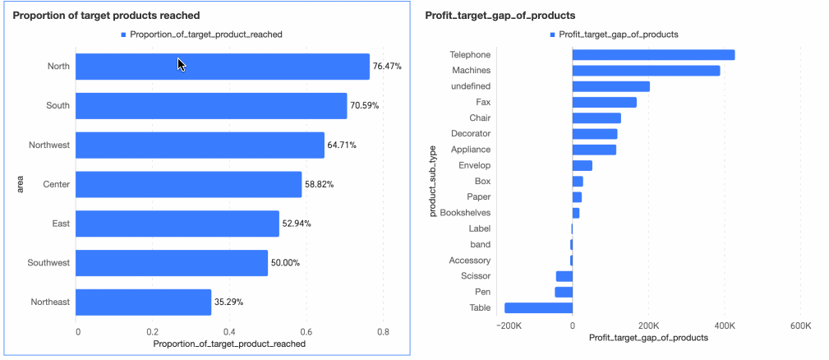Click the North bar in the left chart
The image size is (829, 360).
click(222, 67)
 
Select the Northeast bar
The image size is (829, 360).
click(143, 302)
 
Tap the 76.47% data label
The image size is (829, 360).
click(387, 66)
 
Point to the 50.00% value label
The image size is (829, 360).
click(287, 263)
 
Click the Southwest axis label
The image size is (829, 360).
click(49, 263)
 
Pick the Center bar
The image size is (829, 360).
click(188, 184)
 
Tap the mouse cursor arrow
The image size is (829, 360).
click(181, 64)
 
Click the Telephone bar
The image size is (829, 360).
click(653, 55)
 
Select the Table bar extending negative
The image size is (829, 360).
click(538, 307)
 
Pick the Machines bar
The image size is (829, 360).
click(646, 71)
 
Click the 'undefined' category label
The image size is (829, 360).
click(471, 86)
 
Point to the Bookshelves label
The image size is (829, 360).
click(465, 213)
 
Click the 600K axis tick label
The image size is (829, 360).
click(799, 326)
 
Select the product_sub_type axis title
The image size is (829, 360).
click(433, 182)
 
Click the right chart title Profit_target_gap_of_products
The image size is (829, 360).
click(500, 16)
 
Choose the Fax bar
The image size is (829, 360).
click(604, 102)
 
